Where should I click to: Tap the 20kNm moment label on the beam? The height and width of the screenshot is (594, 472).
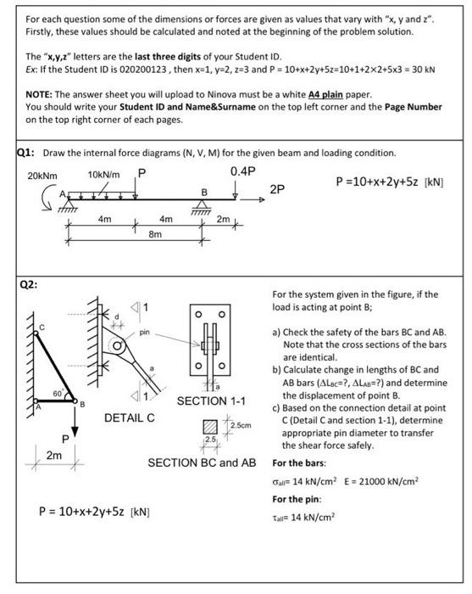point(41,175)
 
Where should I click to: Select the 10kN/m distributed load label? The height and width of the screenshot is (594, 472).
point(103,174)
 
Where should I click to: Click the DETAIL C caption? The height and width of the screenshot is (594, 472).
point(128,417)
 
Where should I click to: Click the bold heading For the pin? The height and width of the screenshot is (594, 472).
point(298,501)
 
